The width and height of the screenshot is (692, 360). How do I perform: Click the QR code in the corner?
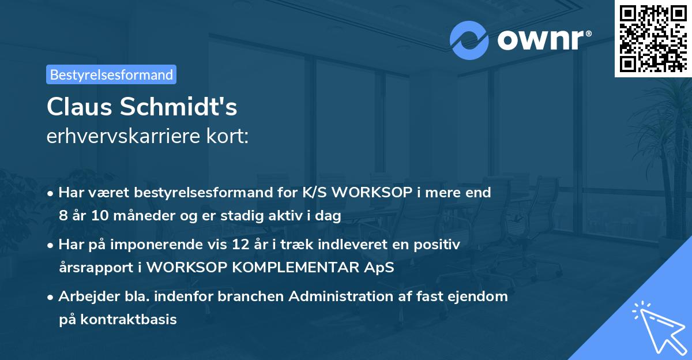pos(653,39)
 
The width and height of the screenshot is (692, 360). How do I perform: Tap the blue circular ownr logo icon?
pos(469,40)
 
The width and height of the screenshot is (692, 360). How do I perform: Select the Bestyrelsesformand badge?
pos(111,74)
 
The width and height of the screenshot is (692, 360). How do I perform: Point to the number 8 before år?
pos(63,216)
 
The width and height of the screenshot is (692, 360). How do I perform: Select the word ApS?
pos(378,268)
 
